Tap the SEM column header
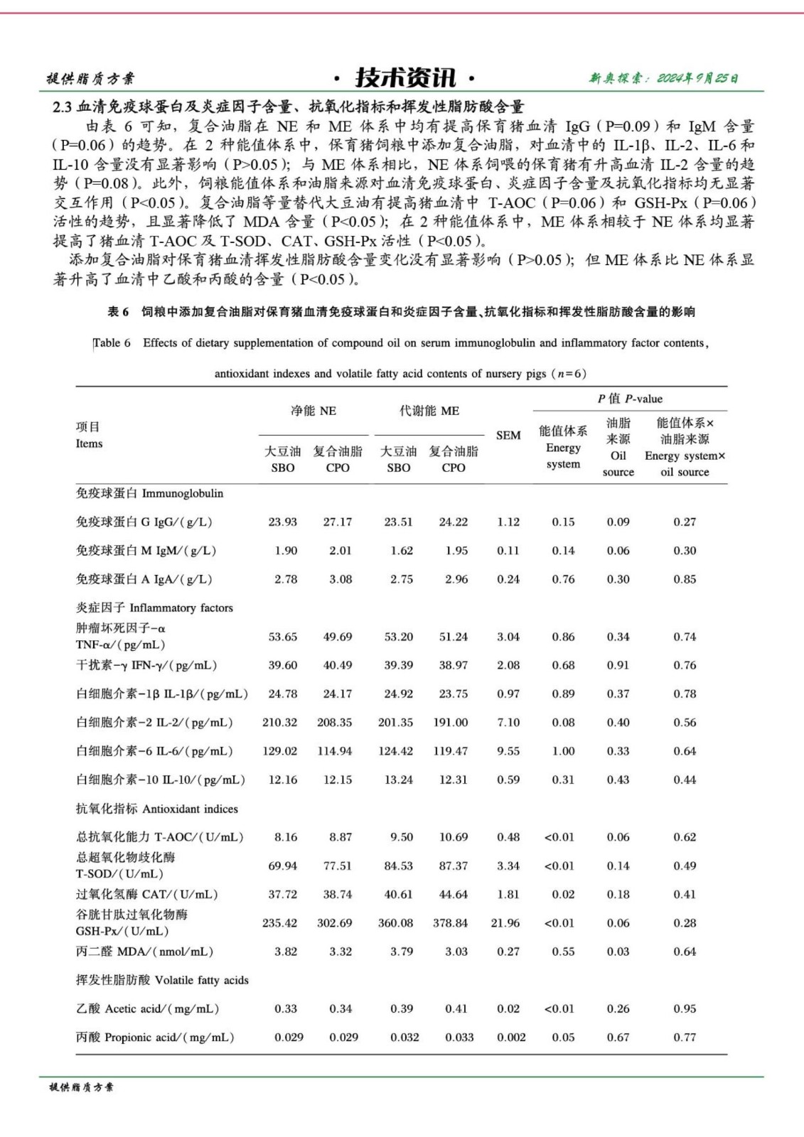(x=508, y=435)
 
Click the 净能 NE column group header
(x=313, y=411)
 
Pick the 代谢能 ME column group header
(x=429, y=411)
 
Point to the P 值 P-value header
(x=630, y=399)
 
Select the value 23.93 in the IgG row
(x=282, y=522)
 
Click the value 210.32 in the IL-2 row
(x=279, y=722)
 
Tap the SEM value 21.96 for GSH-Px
(x=505, y=922)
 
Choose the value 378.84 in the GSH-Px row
(x=451, y=922)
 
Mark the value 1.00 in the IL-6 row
(x=563, y=750)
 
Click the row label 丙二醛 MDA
(x=144, y=951)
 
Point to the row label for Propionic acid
(x=155, y=1037)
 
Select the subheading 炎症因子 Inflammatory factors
(x=154, y=608)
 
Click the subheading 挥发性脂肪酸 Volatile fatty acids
(x=162, y=980)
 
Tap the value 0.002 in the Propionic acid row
(x=511, y=1037)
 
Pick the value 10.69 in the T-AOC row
(x=454, y=836)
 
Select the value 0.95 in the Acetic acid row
(x=685, y=1008)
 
